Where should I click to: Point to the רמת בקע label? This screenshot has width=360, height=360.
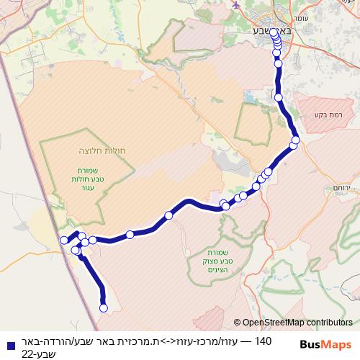click(x=325, y=114)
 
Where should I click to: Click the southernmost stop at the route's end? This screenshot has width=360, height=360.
click(x=103, y=307)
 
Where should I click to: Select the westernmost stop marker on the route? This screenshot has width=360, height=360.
click(x=64, y=240)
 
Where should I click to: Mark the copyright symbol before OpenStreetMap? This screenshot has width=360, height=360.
click(x=237, y=323)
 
